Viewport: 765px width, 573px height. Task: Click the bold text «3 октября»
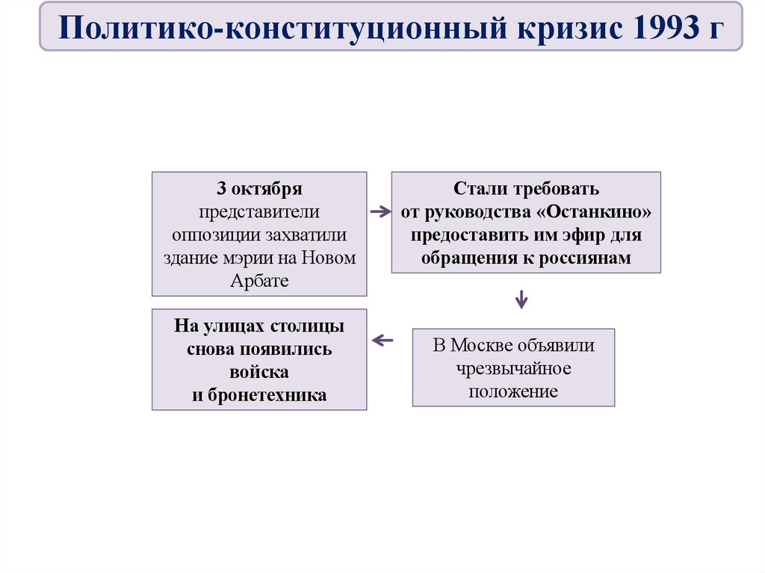(x=259, y=187)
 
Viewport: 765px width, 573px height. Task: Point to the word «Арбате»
(x=259, y=280)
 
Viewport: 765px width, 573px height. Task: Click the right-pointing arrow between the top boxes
(x=380, y=211)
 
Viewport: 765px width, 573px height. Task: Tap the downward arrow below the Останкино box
(x=521, y=300)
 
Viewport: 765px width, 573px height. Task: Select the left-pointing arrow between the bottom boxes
(x=382, y=341)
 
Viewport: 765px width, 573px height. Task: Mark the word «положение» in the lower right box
(x=513, y=391)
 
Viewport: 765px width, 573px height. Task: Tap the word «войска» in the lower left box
(x=259, y=372)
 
